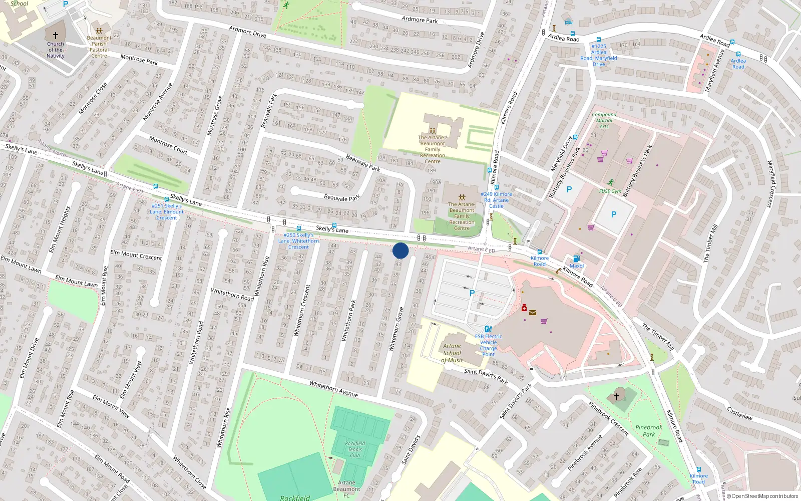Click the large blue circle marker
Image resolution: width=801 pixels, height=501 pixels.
point(400,250)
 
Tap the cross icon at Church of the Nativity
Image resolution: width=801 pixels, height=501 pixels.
point(55,36)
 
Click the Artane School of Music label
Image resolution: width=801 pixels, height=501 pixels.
point(452,353)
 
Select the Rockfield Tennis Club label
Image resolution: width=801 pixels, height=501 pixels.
point(355,449)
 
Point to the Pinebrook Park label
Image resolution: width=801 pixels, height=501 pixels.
point(649,431)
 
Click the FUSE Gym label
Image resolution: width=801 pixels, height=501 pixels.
point(610,191)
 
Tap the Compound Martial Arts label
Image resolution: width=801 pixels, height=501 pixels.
point(604,120)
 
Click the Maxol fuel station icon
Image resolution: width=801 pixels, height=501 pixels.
point(577,259)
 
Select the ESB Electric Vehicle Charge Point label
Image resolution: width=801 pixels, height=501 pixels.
point(488,345)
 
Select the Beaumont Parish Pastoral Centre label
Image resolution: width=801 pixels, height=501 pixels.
point(99,47)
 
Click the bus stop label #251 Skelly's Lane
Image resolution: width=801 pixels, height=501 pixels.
point(167,211)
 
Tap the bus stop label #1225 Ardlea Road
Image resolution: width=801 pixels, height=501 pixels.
point(599,55)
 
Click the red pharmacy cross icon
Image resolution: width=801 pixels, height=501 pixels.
point(524,308)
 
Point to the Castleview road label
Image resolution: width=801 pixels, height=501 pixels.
point(739,414)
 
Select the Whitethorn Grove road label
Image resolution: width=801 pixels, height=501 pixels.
point(396,329)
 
